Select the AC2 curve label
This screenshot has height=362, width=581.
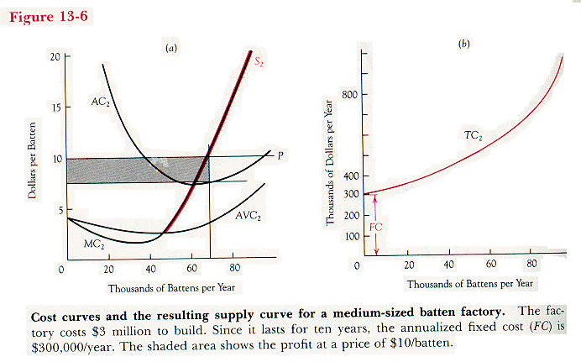coord(100,102)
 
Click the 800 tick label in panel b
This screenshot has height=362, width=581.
coord(349,94)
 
